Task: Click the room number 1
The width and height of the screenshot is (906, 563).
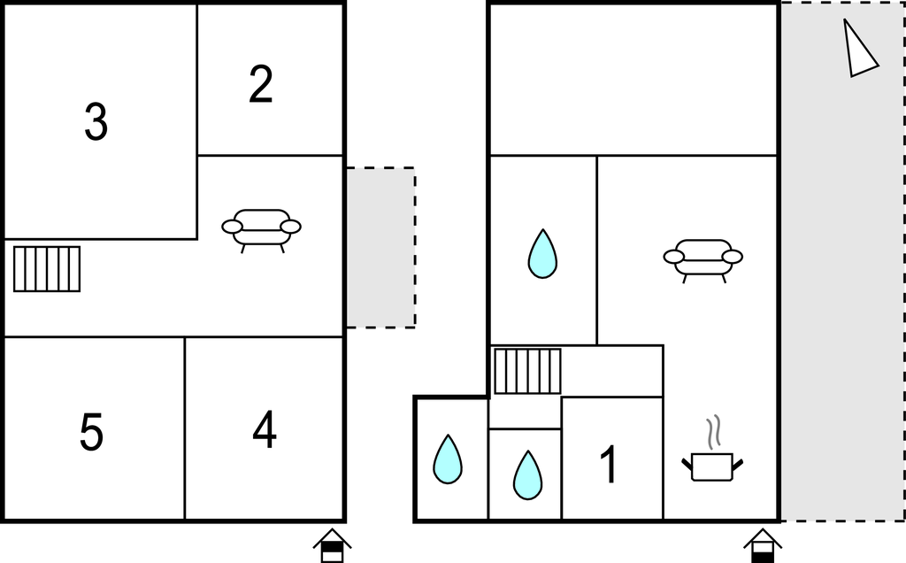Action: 609,464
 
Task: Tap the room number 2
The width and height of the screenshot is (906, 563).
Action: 261,84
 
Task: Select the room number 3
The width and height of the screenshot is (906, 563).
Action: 96,121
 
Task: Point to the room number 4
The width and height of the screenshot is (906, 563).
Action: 264,429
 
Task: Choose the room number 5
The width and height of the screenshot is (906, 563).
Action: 91,432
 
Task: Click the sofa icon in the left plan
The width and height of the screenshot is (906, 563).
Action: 261,230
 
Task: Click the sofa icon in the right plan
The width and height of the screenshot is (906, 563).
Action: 703,260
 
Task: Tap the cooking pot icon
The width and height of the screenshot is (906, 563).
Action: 712,466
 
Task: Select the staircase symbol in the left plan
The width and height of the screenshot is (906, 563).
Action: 47,269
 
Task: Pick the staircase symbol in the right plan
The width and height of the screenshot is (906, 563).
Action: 527,371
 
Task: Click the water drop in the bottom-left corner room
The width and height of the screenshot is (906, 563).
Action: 448,459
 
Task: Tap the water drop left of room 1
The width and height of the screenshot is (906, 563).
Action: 527,475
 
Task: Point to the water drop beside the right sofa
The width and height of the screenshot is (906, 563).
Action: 542,254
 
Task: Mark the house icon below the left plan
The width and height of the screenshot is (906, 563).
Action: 333,545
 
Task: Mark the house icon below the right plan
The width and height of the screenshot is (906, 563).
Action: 763,545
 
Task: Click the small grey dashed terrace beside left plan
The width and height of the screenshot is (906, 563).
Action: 380,247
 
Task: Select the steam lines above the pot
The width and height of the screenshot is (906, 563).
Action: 715,431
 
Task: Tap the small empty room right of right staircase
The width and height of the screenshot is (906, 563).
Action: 612,371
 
